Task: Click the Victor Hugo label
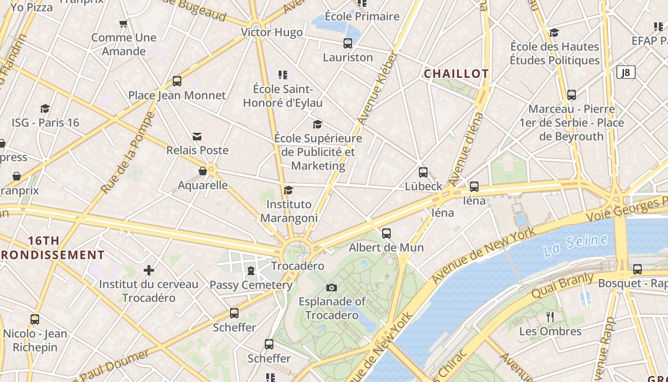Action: click(271, 32)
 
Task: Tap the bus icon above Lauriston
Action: click(348, 43)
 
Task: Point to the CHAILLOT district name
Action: click(456, 74)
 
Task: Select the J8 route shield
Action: click(626, 73)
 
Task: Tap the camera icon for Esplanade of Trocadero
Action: click(332, 287)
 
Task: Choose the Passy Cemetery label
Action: click(251, 285)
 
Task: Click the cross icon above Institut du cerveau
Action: click(149, 270)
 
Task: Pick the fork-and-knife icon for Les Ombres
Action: click(550, 317)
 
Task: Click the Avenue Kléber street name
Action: click(377, 89)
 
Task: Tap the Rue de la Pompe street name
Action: click(128, 153)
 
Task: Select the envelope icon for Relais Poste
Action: click(197, 137)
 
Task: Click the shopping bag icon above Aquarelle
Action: click(203, 171)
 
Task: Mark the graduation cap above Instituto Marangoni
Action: click(288, 191)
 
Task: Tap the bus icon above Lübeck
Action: click(423, 172)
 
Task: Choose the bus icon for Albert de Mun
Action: click(386, 233)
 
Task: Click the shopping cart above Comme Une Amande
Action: click(124, 23)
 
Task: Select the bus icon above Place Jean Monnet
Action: click(177, 81)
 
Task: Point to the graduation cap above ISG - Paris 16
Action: click(45, 109)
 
